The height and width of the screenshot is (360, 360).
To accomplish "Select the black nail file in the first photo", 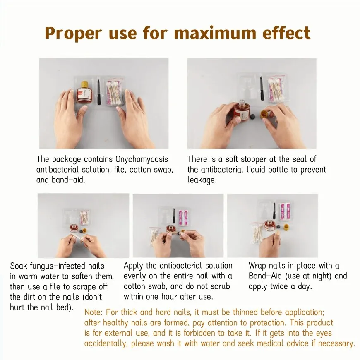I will pyautogui.click(x=99, y=92).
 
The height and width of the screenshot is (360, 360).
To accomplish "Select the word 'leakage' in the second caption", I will pyautogui.click(x=202, y=180).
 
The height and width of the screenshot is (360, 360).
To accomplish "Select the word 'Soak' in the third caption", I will pyautogui.click(x=19, y=266).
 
